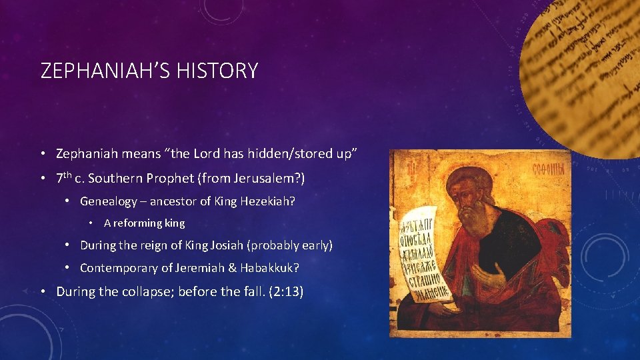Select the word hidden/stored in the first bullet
[292, 153]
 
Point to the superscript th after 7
[68, 176]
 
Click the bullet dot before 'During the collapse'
[43, 291]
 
